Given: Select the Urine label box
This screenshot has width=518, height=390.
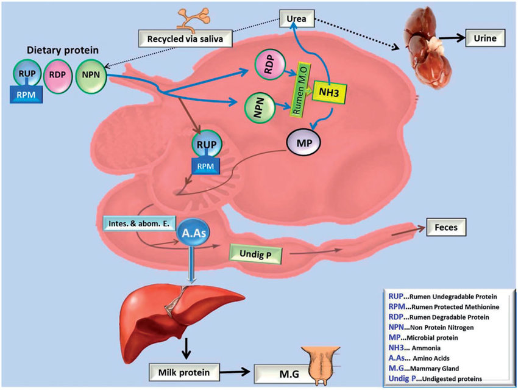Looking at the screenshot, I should pyautogui.click(x=484, y=38).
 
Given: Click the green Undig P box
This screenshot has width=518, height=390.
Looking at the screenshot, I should pyautogui.click(x=257, y=252).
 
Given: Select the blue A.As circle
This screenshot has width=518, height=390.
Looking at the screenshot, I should pyautogui.click(x=193, y=234).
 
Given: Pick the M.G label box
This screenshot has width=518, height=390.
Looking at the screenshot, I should pyautogui.click(x=281, y=371).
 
